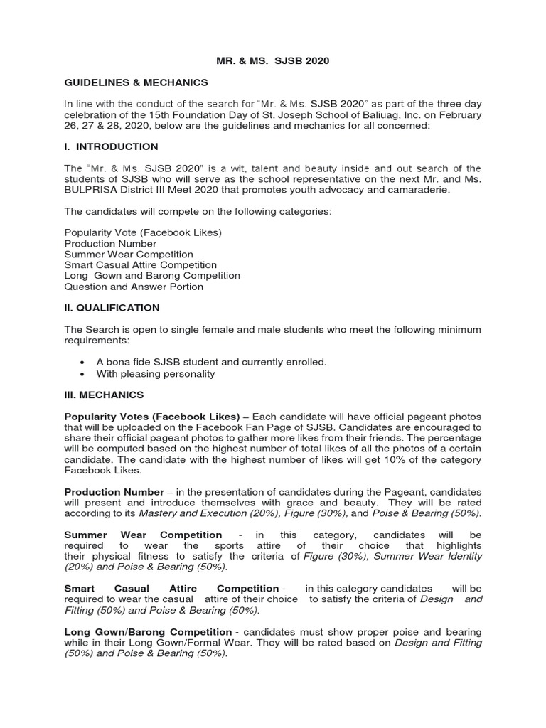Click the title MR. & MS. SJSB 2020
click(273, 61)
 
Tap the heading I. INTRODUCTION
click(112, 146)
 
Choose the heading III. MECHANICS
click(104, 395)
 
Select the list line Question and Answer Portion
click(134, 287)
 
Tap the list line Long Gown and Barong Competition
click(152, 275)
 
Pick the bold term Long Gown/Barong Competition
click(148, 632)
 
